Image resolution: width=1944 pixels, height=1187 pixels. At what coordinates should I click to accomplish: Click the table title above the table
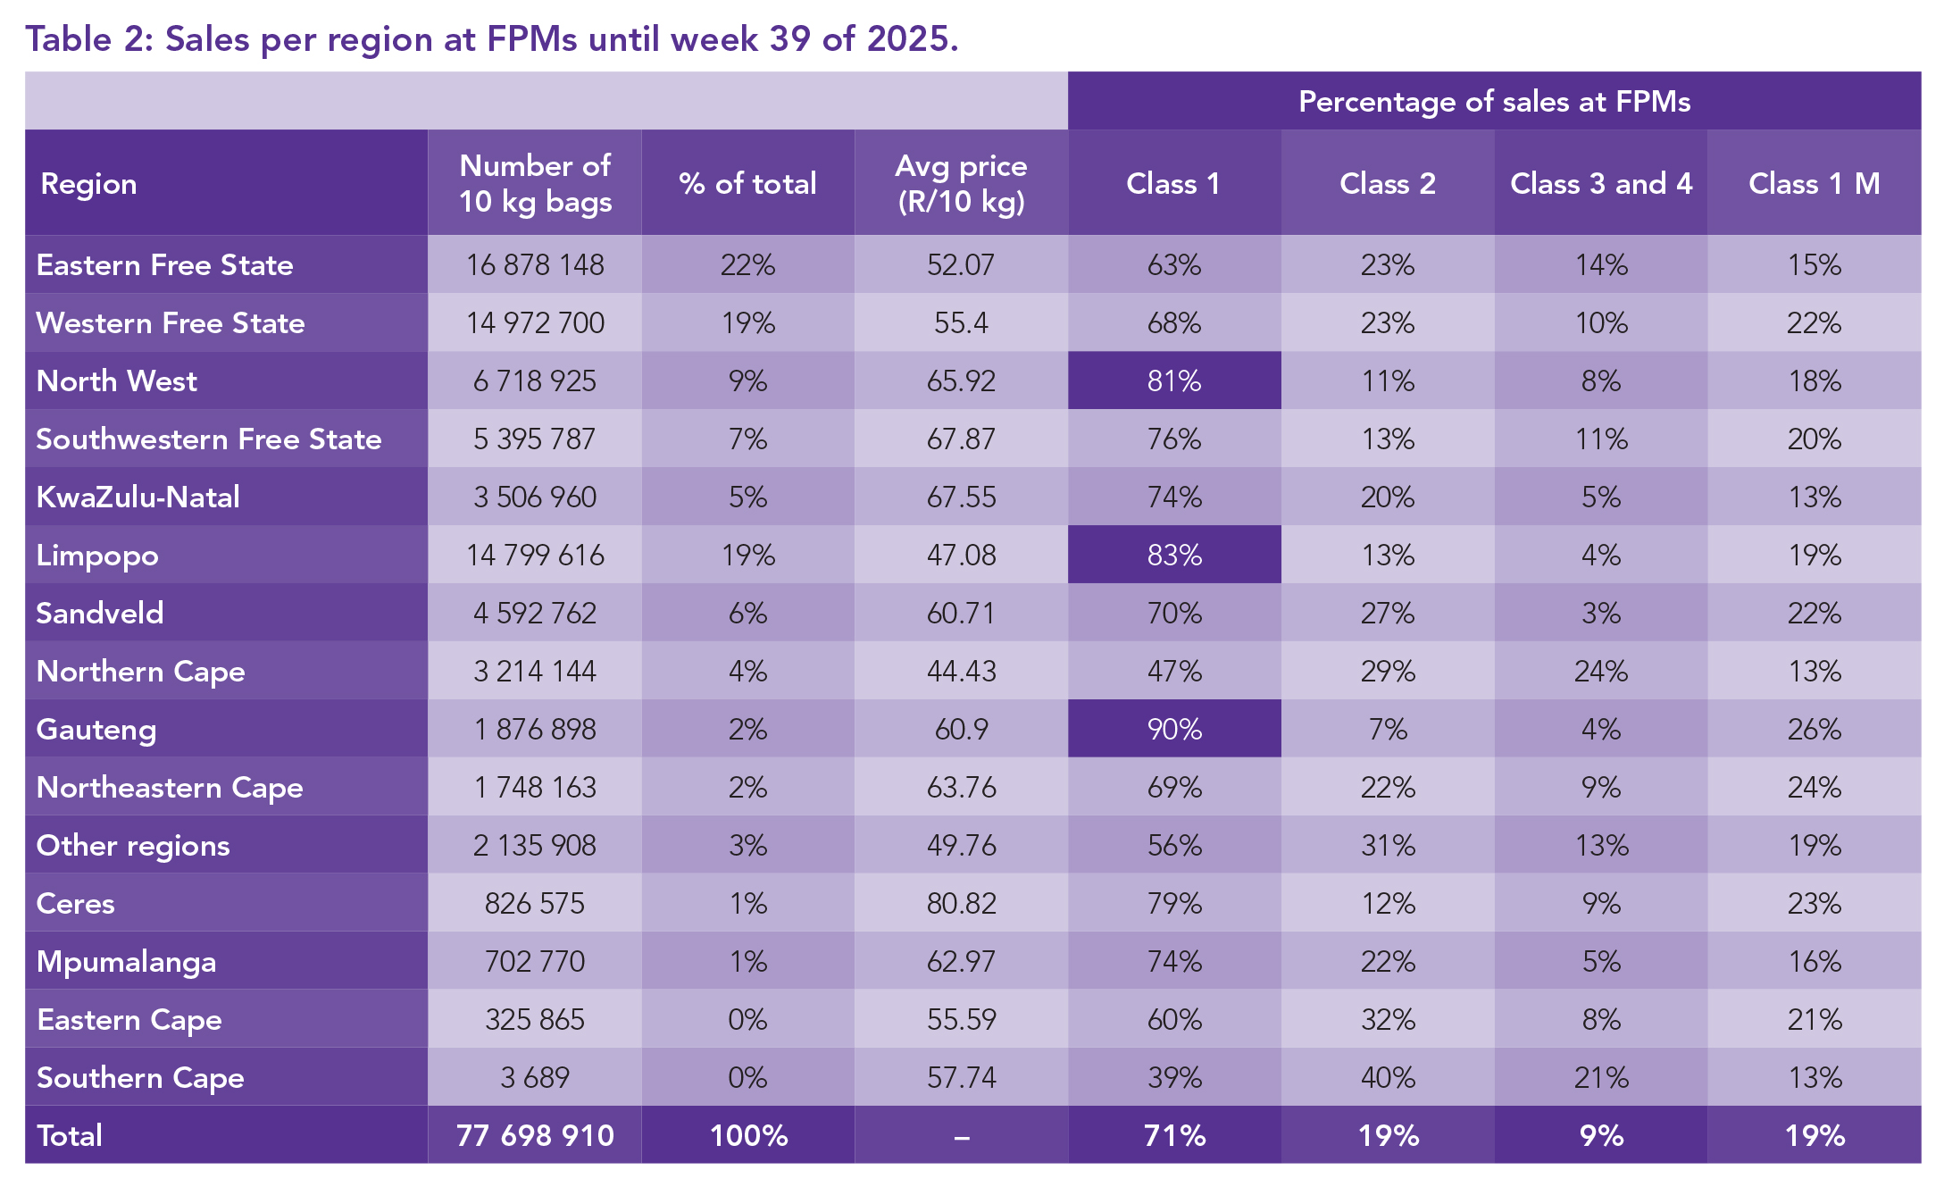point(491,39)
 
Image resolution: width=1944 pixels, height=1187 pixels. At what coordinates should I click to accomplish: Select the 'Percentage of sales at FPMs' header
point(1494,102)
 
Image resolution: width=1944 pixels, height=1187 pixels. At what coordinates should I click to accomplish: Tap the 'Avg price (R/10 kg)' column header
point(961,183)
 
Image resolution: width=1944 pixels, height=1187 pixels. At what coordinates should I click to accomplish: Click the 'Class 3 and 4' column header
point(1601,183)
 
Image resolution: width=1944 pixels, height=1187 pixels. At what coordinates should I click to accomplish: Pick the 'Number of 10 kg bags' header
point(535,183)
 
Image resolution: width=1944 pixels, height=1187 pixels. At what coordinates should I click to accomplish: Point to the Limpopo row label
point(97,556)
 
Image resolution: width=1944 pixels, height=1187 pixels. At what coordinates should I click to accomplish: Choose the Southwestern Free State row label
point(209,439)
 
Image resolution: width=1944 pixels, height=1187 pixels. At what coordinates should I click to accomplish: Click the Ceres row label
point(76,904)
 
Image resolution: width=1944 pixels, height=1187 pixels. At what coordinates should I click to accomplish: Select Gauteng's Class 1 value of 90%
point(1174,730)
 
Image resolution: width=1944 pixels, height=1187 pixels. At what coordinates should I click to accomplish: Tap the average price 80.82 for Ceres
point(961,904)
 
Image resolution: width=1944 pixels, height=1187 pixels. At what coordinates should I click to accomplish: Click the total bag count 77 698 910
point(535,1136)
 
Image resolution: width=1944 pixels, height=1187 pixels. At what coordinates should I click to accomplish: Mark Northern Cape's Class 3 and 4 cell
point(1601,672)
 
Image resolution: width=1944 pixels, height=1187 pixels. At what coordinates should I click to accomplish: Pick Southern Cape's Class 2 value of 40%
point(1388,1078)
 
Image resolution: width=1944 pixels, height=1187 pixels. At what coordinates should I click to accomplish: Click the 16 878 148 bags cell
point(535,265)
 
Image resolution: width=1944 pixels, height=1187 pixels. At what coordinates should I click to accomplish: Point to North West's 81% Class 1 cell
point(1174,381)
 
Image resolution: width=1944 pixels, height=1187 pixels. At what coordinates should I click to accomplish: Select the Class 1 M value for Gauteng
point(1815,730)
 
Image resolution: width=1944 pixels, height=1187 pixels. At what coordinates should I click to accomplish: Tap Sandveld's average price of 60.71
point(961,614)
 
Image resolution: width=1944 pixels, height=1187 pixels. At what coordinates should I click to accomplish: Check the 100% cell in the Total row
point(748,1136)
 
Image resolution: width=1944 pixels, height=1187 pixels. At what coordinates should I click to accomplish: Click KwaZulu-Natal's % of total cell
point(748,497)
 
